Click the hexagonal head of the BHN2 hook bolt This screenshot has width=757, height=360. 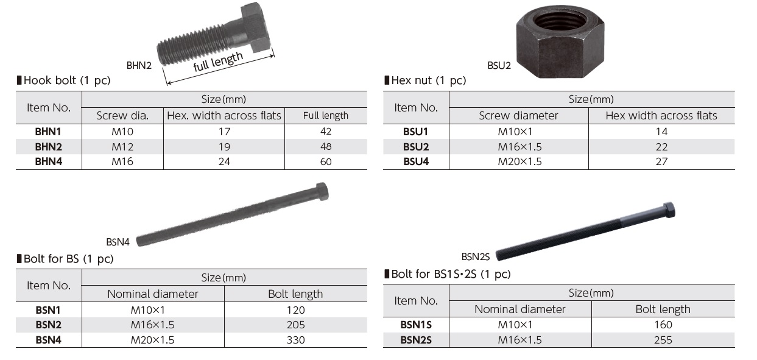pos(255,27)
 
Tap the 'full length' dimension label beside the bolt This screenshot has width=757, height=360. pos(218,62)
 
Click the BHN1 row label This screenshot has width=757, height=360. pos(49,131)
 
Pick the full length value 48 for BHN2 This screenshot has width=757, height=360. pos(326,146)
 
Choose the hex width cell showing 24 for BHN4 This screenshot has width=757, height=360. pos(224,161)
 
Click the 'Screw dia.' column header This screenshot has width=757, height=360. pos(122,116)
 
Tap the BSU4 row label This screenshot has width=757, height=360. pos(416,161)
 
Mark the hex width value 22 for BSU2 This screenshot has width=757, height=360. pos(661,146)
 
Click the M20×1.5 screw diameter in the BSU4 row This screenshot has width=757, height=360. pos(519,161)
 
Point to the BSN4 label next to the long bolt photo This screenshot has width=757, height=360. pos(118,242)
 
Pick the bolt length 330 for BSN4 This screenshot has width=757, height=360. pos(295,340)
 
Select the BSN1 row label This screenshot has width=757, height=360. pos(49,309)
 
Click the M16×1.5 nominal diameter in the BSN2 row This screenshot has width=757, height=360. pos(152,325)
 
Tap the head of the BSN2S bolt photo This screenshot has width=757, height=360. pos(668,210)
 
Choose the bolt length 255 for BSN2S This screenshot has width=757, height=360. pos(663,340)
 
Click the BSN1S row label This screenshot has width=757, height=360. pos(416,325)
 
